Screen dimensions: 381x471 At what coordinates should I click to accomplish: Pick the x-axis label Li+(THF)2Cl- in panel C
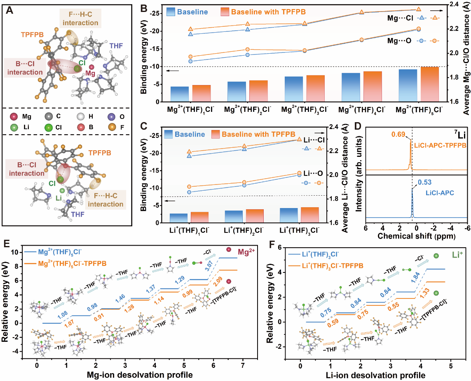pos(244,229)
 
